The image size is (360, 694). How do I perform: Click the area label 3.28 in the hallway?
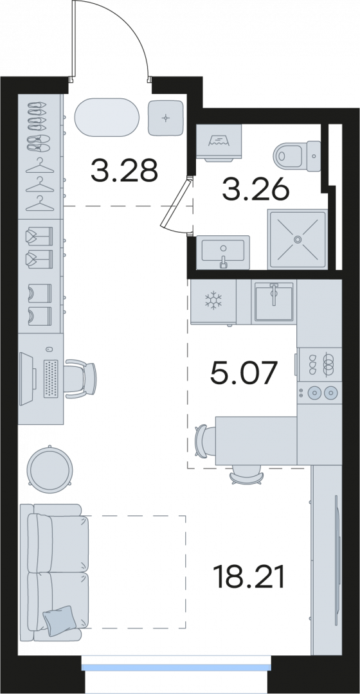click(125, 171)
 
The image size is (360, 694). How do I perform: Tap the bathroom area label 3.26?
click(256, 191)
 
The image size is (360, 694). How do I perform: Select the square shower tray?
click(298, 240)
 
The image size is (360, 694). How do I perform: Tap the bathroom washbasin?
click(223, 252)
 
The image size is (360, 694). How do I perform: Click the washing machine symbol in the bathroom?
click(219, 141)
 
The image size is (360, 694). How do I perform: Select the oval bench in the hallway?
click(107, 118)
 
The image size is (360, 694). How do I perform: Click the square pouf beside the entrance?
click(166, 118)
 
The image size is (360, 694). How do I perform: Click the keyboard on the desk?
click(51, 378)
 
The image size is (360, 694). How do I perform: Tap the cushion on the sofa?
click(59, 621)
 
